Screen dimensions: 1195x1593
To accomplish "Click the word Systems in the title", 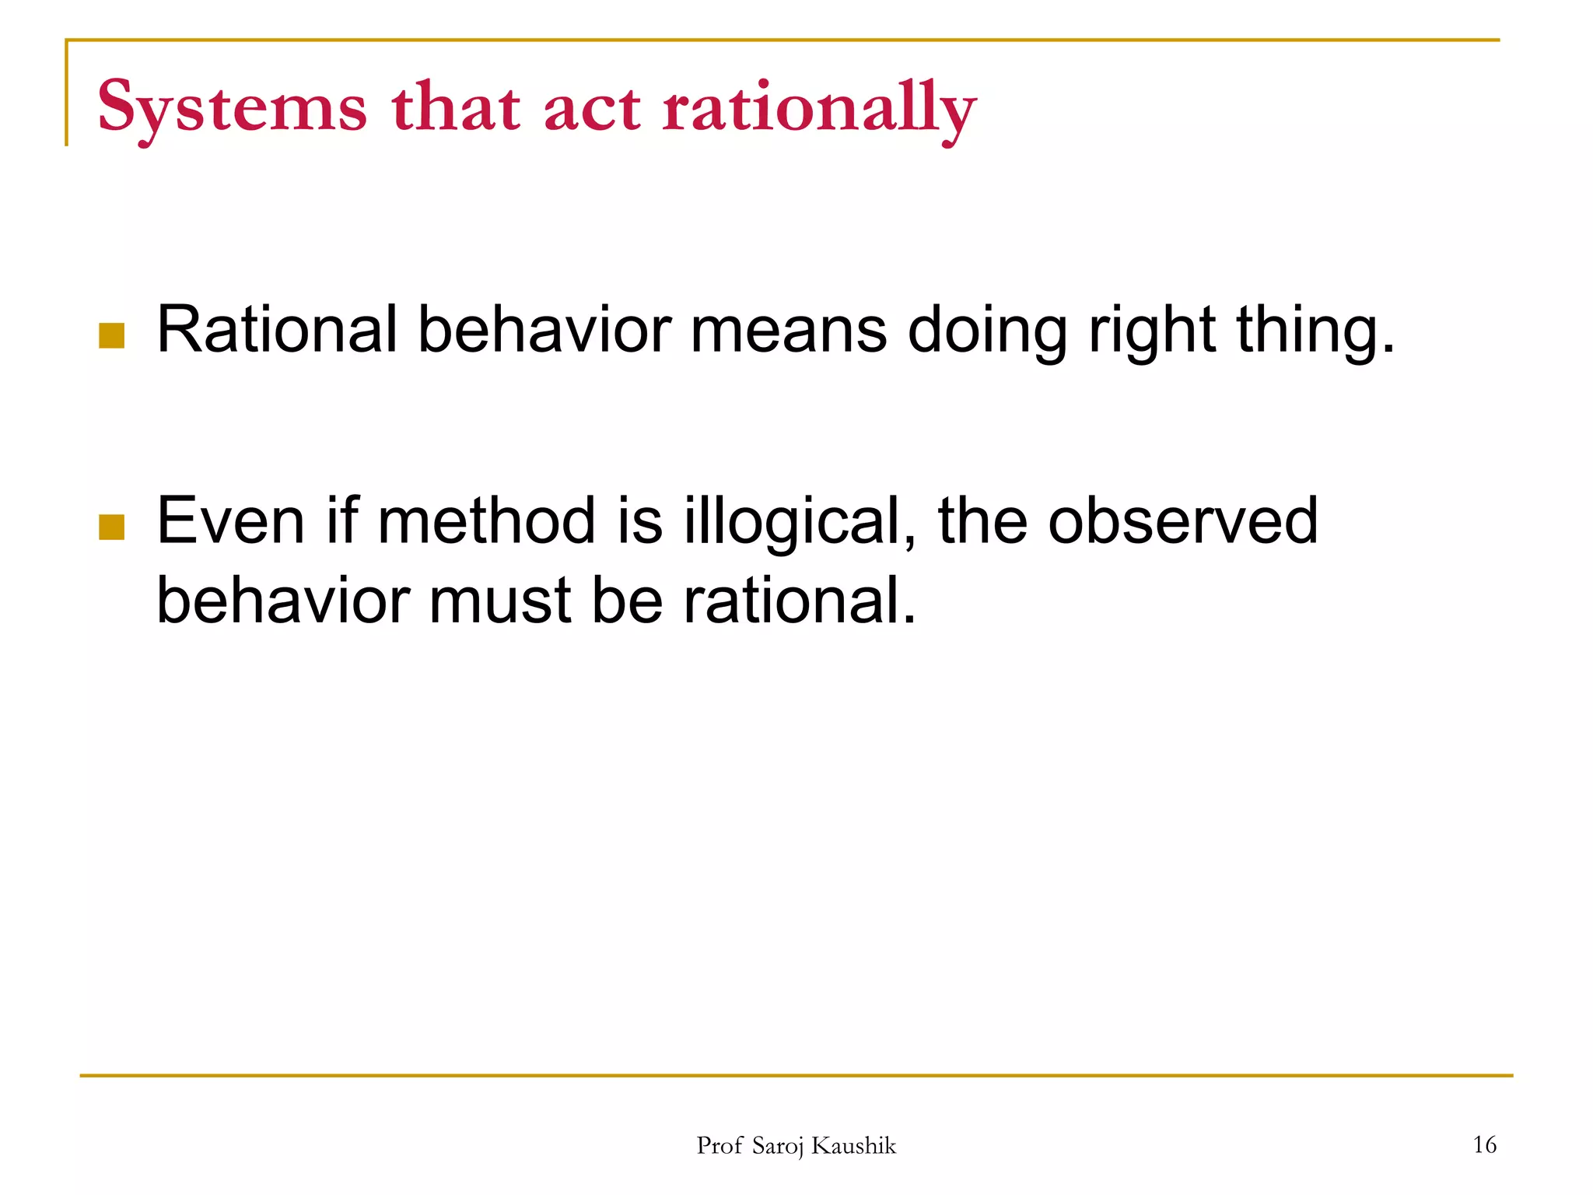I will point(231,107).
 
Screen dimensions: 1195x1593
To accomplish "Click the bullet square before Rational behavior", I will point(112,336).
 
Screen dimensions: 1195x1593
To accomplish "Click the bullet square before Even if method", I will point(112,527).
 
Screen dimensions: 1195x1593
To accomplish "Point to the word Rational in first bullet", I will point(277,330).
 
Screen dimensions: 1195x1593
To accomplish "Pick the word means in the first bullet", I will point(788,330).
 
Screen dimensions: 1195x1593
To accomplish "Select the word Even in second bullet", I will point(230,520).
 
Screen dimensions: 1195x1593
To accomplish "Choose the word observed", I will point(1182,520).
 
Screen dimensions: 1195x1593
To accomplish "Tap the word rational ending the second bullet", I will point(799,601).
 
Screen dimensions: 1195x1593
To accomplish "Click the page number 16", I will point(1484,1144).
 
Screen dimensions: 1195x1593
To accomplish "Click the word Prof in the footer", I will point(719,1145).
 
